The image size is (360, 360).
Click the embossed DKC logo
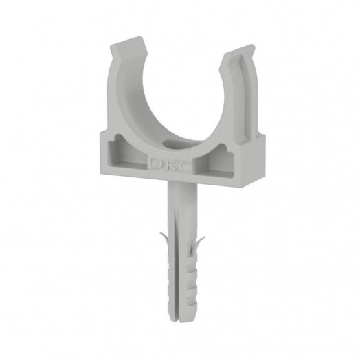[x=170, y=165]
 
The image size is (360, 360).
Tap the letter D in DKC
[x=155, y=163]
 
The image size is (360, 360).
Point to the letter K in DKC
[x=170, y=165]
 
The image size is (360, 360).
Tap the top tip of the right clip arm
[x=251, y=45]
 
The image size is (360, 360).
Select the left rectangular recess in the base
[x=127, y=153]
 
